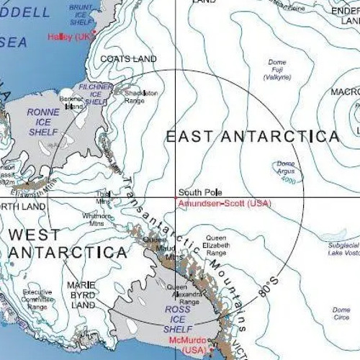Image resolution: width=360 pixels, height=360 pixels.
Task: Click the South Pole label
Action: click(x=199, y=193)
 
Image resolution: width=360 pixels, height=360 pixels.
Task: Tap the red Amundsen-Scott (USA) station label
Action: click(x=224, y=204)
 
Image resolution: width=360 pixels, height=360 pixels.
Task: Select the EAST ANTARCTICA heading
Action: click(x=253, y=136)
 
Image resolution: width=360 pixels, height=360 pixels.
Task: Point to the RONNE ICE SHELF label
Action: click(x=43, y=122)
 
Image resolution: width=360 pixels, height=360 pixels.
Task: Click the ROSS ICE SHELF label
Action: click(x=178, y=319)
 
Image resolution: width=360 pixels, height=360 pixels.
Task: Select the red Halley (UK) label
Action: click(x=68, y=36)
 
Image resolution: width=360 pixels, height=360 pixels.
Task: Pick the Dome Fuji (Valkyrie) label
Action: click(x=277, y=69)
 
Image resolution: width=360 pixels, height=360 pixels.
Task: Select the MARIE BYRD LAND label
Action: click(x=81, y=294)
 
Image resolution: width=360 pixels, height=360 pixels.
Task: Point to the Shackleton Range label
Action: click(x=140, y=96)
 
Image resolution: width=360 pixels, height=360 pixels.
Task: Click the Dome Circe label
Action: click(x=341, y=313)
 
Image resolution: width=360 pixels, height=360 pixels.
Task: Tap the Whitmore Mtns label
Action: click(x=97, y=220)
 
